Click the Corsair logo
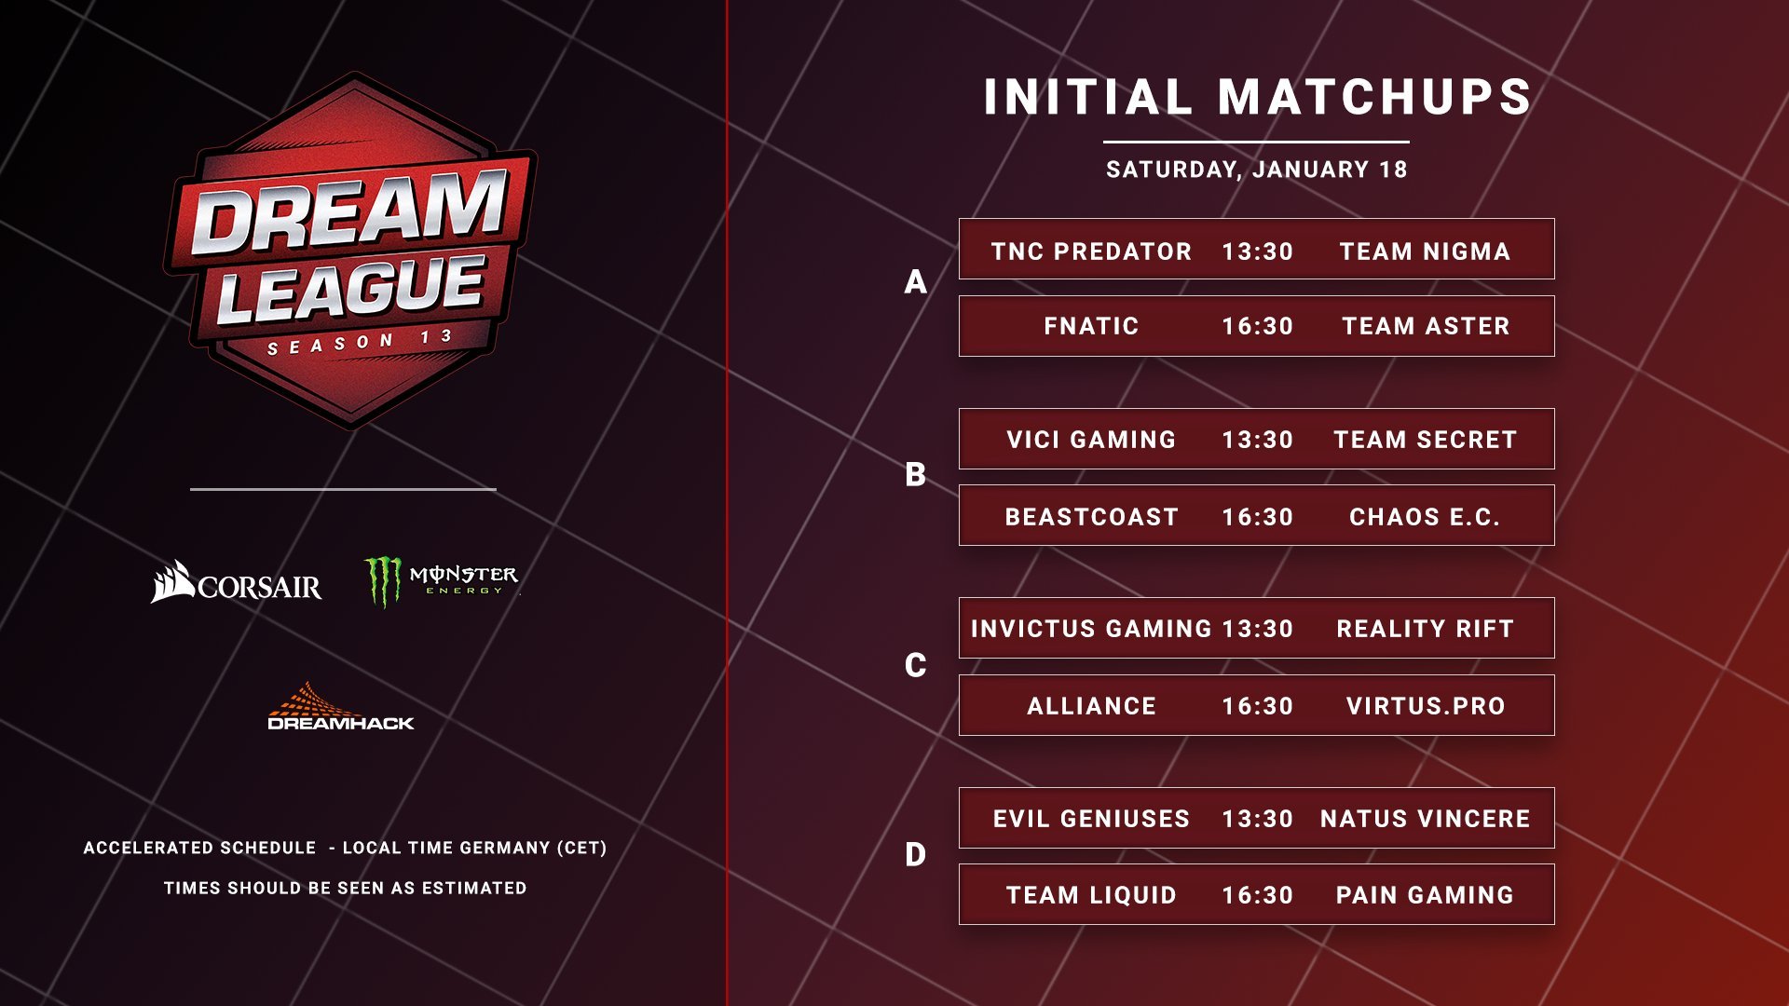(236, 582)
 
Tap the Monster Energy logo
(442, 581)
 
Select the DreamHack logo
(341, 706)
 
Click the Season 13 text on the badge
(360, 342)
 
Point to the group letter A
(916, 281)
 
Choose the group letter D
(915, 854)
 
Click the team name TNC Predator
(1091, 251)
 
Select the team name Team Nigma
(1425, 251)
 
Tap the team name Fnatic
(1091, 326)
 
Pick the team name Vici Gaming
(1091, 440)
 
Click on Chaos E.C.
(1425, 517)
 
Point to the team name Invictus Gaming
(1091, 629)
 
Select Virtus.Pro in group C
(1426, 706)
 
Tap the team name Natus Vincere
(1426, 819)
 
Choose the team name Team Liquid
(1091, 895)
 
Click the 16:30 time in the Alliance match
(1258, 706)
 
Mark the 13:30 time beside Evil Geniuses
(1258, 819)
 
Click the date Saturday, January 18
(1257, 170)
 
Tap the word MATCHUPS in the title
(1375, 97)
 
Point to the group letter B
(915, 475)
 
